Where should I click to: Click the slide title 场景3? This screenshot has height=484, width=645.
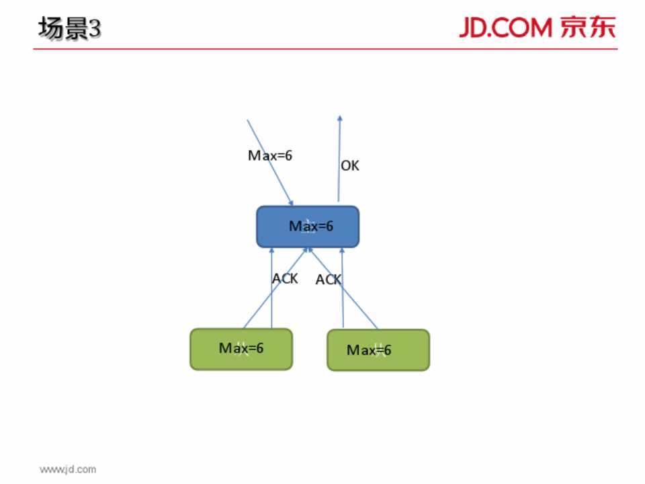coord(70,29)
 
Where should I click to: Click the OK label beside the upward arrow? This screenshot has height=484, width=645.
coord(350,165)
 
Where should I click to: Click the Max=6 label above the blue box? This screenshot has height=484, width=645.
coord(270,155)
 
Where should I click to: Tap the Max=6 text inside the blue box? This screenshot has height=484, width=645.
coord(311,227)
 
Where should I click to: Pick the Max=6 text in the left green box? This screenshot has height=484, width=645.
coord(241,348)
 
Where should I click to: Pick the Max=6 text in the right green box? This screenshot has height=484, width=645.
coord(369,350)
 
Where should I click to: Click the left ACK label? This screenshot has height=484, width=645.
coord(285,278)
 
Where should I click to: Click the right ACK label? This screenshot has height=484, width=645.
coord(329,280)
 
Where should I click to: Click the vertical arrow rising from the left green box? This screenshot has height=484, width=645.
coord(271,302)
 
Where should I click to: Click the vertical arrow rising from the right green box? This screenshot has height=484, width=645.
coord(343,302)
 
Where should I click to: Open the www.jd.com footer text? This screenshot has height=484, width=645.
coord(67,469)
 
